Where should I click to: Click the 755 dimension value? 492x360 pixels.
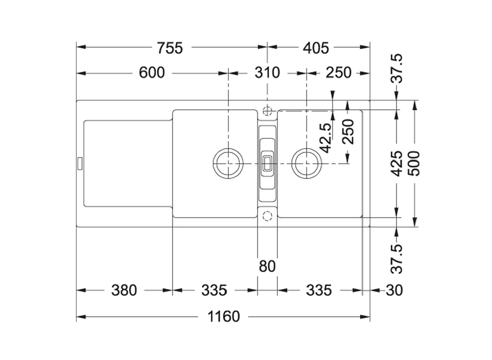tap(170, 48)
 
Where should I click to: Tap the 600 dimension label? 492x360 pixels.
tap(152, 72)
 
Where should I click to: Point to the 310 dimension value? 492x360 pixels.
tap(267, 72)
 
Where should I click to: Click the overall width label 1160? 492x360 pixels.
tap(224, 317)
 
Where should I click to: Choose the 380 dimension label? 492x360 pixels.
tap(124, 290)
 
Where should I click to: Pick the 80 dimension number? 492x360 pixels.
tap(267, 266)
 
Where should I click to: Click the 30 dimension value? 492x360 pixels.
tap(394, 290)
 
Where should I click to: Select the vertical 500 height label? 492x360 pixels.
tap(414, 163)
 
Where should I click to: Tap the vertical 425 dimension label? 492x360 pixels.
tap(397, 163)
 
